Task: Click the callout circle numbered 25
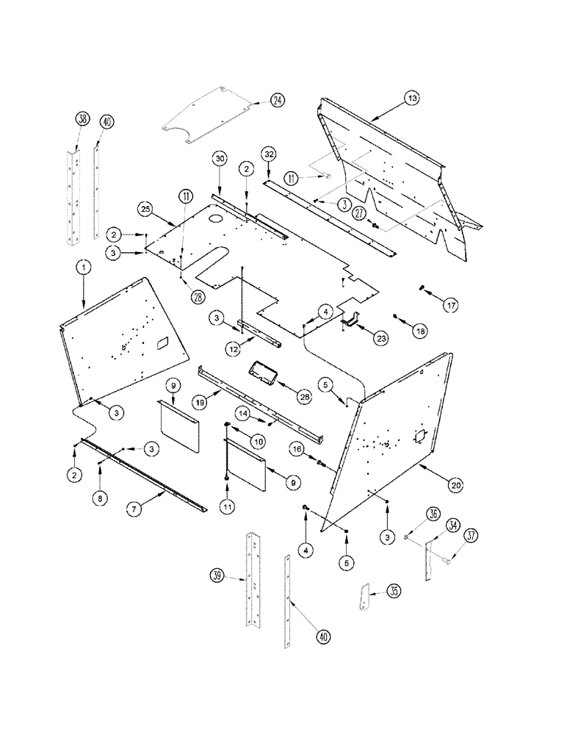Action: (x=145, y=209)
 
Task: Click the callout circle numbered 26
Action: (x=303, y=395)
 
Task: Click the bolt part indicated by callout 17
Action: (x=423, y=287)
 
